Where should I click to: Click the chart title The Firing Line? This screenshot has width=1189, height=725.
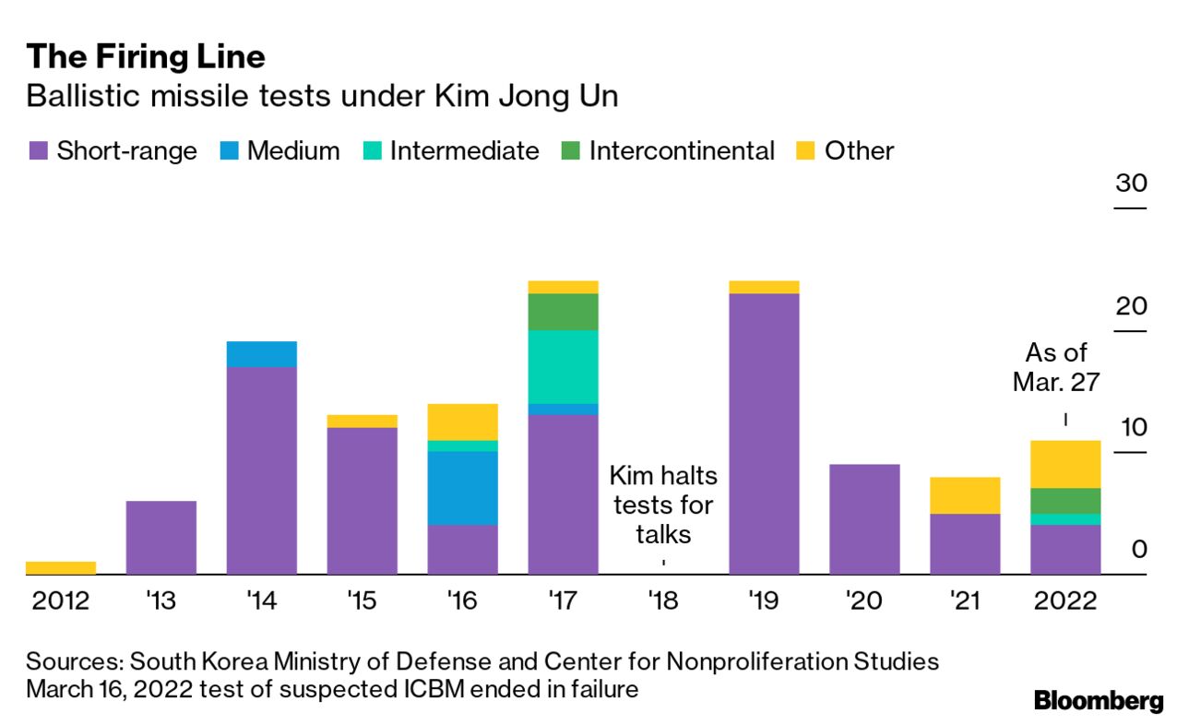146,57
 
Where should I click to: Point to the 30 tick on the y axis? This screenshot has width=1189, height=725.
1130,183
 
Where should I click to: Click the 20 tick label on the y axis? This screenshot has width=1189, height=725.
1130,305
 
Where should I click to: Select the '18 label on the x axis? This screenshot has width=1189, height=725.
663,600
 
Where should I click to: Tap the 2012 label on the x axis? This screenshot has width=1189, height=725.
61,600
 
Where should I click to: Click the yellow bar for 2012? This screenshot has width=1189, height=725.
61,567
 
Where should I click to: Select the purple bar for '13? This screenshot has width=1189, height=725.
161,537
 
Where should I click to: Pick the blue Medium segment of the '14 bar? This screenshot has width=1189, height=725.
262,354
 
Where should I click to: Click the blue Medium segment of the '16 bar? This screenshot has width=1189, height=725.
463,488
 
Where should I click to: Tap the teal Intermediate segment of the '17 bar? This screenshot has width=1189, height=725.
564,366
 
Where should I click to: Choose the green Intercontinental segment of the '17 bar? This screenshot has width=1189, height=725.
564,312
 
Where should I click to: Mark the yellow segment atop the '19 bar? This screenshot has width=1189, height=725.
764,287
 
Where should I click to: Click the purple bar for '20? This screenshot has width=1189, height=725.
864,518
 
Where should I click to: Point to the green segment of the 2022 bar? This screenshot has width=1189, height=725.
1065,500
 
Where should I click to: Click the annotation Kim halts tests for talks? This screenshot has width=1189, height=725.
663,505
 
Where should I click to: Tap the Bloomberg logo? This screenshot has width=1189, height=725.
1099,700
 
